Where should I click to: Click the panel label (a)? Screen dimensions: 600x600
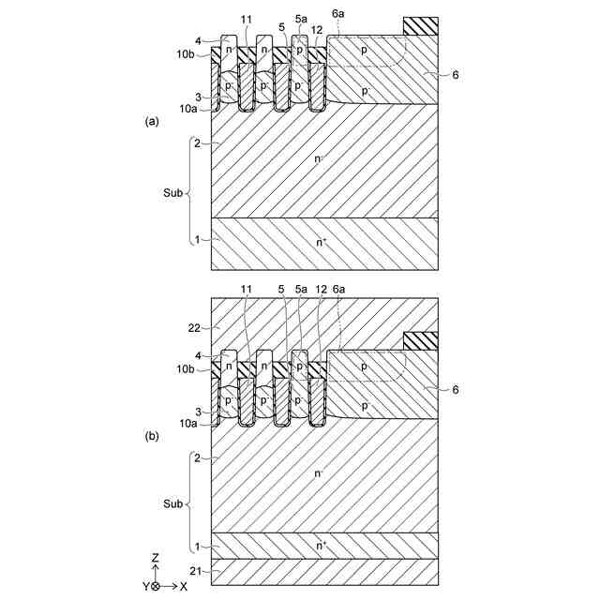pyautogui.click(x=150, y=122)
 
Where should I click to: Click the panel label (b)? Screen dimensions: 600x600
pyautogui.click(x=150, y=437)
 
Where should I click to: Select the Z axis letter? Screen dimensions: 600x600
pyautogui.click(x=156, y=557)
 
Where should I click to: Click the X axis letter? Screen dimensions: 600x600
pyautogui.click(x=183, y=586)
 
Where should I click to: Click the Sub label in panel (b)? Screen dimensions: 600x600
pyautogui.click(x=172, y=504)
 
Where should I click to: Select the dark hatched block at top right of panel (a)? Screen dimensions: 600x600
pyautogui.click(x=420, y=26)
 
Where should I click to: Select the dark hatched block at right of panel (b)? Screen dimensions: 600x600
pyautogui.click(x=420, y=341)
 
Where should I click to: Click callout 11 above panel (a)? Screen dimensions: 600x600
pyautogui.click(x=247, y=20)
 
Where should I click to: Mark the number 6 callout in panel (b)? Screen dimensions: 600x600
pyautogui.click(x=456, y=387)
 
